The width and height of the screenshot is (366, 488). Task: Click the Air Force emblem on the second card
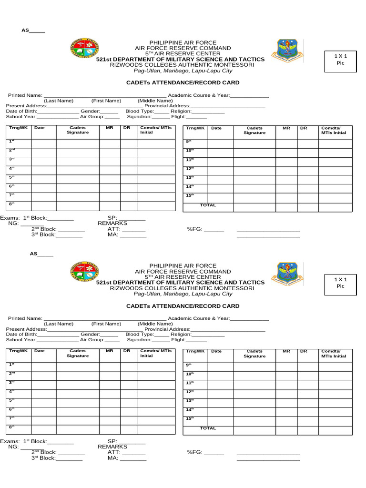pyautogui.click(x=285, y=275)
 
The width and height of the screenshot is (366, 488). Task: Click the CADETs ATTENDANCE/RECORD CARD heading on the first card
pyautogui.click(x=183, y=83)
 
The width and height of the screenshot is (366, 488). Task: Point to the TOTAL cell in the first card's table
pyautogui.click(x=208, y=205)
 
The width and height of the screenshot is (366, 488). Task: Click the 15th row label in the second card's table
pyautogui.click(x=189, y=418)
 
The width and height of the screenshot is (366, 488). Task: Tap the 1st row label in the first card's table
pyautogui.click(x=12, y=141)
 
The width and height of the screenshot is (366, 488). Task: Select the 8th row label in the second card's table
pyautogui.click(x=12, y=427)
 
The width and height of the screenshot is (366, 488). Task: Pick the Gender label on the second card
pyautogui.click(x=90, y=335)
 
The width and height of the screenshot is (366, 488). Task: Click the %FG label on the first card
pyautogui.click(x=195, y=229)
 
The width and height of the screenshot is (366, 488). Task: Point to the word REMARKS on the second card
pyautogui.click(x=112, y=447)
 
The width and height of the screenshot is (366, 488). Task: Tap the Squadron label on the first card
pyautogui.click(x=139, y=116)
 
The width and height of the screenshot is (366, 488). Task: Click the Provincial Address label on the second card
pyautogui.click(x=167, y=329)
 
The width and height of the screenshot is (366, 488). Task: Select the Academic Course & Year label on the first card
pyautogui.click(x=198, y=96)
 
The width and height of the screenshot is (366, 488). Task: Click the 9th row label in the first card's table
pyautogui.click(x=189, y=142)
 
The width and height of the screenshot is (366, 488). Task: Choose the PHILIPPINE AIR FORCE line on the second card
pyautogui.click(x=183, y=265)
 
